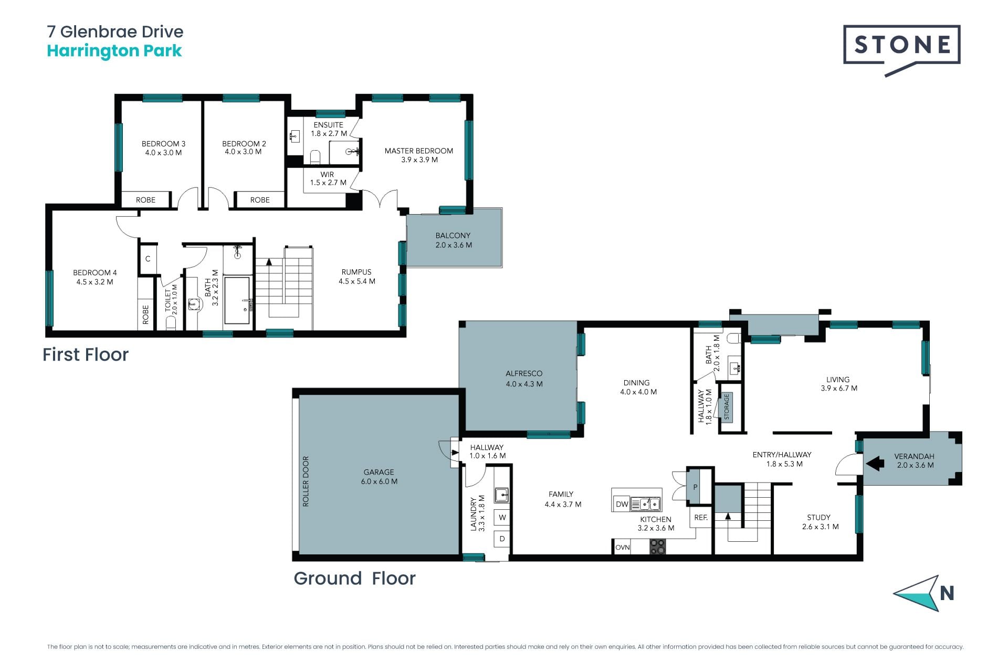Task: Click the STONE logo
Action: point(901,49)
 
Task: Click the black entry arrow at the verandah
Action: point(875,464)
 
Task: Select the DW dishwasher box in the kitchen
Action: point(622,504)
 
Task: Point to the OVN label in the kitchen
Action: point(622,547)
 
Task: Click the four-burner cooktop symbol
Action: point(657,547)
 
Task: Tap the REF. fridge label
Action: point(700,517)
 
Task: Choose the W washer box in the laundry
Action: point(502,517)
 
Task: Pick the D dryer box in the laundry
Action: point(502,539)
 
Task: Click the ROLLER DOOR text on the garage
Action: point(306,481)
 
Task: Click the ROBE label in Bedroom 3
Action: point(145,199)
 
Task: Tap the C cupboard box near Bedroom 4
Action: point(148,258)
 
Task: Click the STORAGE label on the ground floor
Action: point(727,406)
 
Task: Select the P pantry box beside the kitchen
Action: point(695,487)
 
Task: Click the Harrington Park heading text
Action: point(114,51)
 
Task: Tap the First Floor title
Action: point(86,354)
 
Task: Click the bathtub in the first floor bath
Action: point(237,301)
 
